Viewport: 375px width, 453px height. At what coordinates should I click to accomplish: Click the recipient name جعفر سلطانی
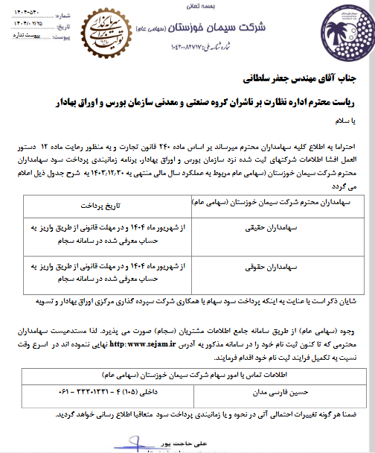(x=263, y=76)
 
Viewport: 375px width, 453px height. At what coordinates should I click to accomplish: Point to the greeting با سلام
(x=362, y=121)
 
